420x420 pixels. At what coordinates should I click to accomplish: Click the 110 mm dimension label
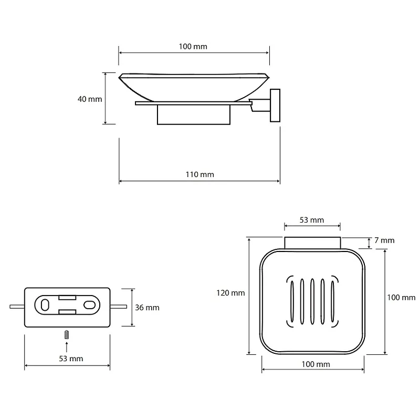point(199,174)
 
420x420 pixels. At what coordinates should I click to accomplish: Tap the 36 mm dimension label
point(147,308)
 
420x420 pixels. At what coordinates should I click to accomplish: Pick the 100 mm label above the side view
point(193,46)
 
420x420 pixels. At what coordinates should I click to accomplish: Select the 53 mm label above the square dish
point(312,219)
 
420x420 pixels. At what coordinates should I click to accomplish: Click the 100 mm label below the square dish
point(315,364)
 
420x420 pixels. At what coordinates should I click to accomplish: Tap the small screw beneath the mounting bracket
point(66,334)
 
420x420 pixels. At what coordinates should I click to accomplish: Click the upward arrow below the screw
point(66,345)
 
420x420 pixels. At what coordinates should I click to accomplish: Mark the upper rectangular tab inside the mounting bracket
point(67,298)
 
